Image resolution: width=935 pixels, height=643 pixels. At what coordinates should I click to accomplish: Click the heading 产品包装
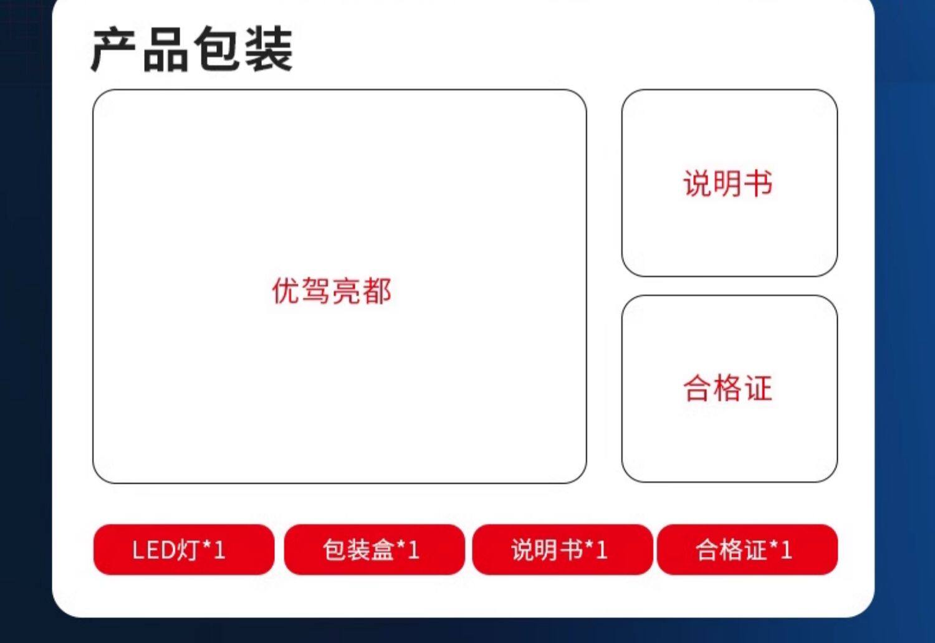[x=191, y=50]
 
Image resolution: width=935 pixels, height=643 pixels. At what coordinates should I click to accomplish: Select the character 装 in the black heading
[x=268, y=50]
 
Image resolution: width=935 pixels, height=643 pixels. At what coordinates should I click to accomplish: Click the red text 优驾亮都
[x=332, y=291]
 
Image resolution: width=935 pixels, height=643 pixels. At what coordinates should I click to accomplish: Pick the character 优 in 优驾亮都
[x=287, y=291]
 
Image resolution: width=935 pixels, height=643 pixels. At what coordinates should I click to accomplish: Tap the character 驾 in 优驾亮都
[x=317, y=291]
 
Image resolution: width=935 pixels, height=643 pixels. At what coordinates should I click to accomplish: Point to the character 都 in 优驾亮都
[x=376, y=291]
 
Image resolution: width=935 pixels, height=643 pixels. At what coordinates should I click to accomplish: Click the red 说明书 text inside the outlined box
[x=728, y=184]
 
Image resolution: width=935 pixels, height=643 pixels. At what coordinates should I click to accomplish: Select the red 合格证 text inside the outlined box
[x=728, y=388]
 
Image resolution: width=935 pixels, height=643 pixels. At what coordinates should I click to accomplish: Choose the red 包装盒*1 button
[x=374, y=550]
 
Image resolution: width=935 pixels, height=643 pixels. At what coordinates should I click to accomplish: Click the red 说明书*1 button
[x=562, y=550]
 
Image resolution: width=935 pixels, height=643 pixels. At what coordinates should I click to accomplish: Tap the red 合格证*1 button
[x=747, y=550]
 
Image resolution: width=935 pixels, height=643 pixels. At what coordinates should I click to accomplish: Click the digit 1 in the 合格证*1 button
[x=787, y=550]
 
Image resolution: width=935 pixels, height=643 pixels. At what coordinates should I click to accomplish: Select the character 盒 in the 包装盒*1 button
[x=383, y=550]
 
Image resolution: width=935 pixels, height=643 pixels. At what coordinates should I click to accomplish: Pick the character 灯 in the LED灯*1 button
[x=189, y=550]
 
